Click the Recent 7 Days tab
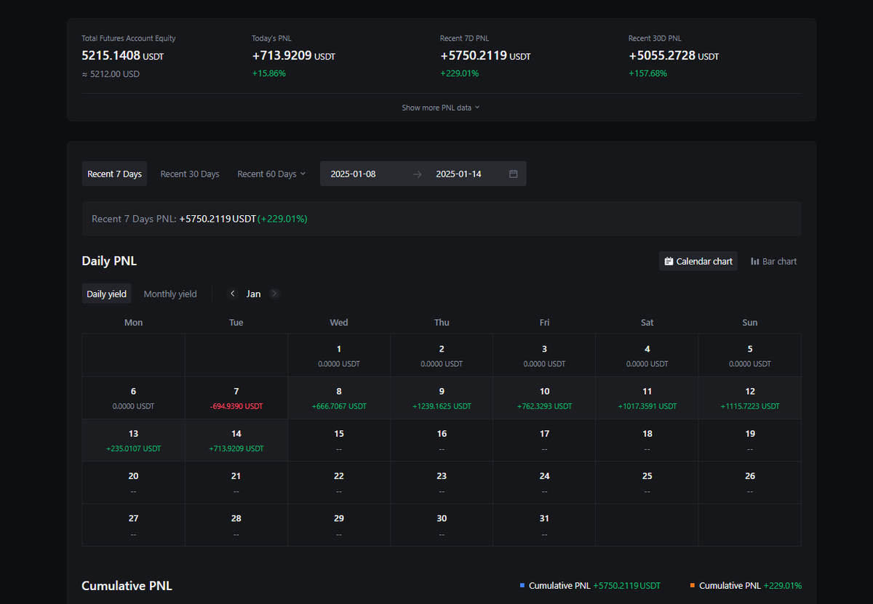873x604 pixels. coord(114,174)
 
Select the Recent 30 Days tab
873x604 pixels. coord(190,174)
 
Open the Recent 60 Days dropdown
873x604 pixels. coord(271,174)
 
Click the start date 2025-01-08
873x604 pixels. coord(353,174)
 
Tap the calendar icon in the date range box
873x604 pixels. coord(514,174)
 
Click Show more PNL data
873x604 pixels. coord(440,108)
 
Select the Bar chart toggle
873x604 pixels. coord(773,262)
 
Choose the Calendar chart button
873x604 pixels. coord(698,262)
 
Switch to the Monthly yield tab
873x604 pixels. coord(170,294)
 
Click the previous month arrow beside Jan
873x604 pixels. coord(233,294)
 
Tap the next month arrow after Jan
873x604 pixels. coord(274,294)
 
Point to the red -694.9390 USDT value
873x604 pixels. coord(236,406)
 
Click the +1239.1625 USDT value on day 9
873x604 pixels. coord(442,406)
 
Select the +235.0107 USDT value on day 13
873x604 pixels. coord(133,448)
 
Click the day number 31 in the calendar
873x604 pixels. coord(544,518)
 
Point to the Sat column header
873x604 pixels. coord(647,323)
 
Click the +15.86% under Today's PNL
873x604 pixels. coord(269,73)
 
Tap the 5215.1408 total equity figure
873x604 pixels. coord(111,56)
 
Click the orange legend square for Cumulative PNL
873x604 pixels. coord(692,585)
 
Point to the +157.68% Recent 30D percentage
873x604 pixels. coord(647,73)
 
